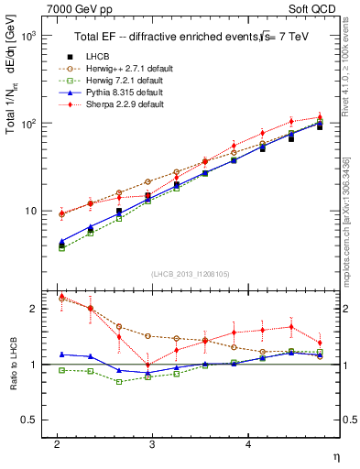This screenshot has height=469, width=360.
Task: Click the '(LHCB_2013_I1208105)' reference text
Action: pos(191,273)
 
